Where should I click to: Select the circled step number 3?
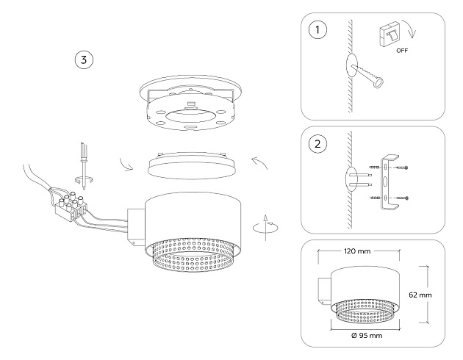coord(86,60)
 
